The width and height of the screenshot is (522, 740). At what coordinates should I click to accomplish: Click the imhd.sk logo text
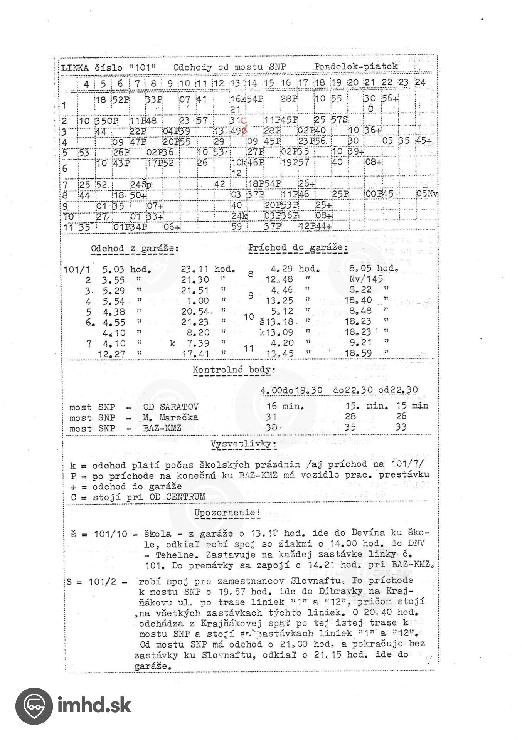pyautogui.click(x=94, y=705)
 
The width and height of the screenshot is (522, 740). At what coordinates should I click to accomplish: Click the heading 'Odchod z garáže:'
pyautogui.click(x=135, y=249)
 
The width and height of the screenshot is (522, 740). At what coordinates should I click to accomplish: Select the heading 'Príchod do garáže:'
pyautogui.click(x=298, y=247)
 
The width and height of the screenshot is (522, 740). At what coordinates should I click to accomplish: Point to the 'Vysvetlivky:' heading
pyautogui.click(x=244, y=444)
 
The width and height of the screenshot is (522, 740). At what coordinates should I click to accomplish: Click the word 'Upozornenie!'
pyautogui.click(x=227, y=513)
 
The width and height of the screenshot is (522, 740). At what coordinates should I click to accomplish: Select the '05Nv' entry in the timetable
pyautogui.click(x=427, y=194)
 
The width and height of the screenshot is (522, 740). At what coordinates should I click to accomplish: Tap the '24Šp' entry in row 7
pyautogui.click(x=141, y=184)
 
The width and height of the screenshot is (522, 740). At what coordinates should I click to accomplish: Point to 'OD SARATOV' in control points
pyautogui.click(x=171, y=407)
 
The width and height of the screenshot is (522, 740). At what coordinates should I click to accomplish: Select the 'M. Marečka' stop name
pyautogui.click(x=170, y=417)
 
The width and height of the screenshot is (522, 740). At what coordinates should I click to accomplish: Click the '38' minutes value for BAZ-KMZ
pyautogui.click(x=272, y=427)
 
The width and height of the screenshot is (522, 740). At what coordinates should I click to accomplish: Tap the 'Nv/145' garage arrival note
pyautogui.click(x=366, y=279)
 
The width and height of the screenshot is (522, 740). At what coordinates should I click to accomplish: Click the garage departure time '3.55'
pyautogui.click(x=113, y=280)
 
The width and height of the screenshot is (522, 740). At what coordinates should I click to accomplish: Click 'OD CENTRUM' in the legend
pyautogui.click(x=177, y=497)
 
